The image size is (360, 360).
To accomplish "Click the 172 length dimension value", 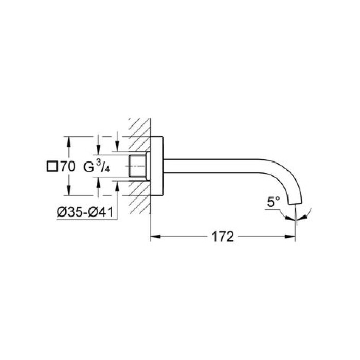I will (x=222, y=238).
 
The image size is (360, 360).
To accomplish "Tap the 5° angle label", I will (x=274, y=203).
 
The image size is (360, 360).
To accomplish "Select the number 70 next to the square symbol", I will (x=67, y=166).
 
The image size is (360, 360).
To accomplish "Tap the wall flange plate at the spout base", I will (x=157, y=166).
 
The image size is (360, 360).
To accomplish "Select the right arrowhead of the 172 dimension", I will (x=292, y=238).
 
